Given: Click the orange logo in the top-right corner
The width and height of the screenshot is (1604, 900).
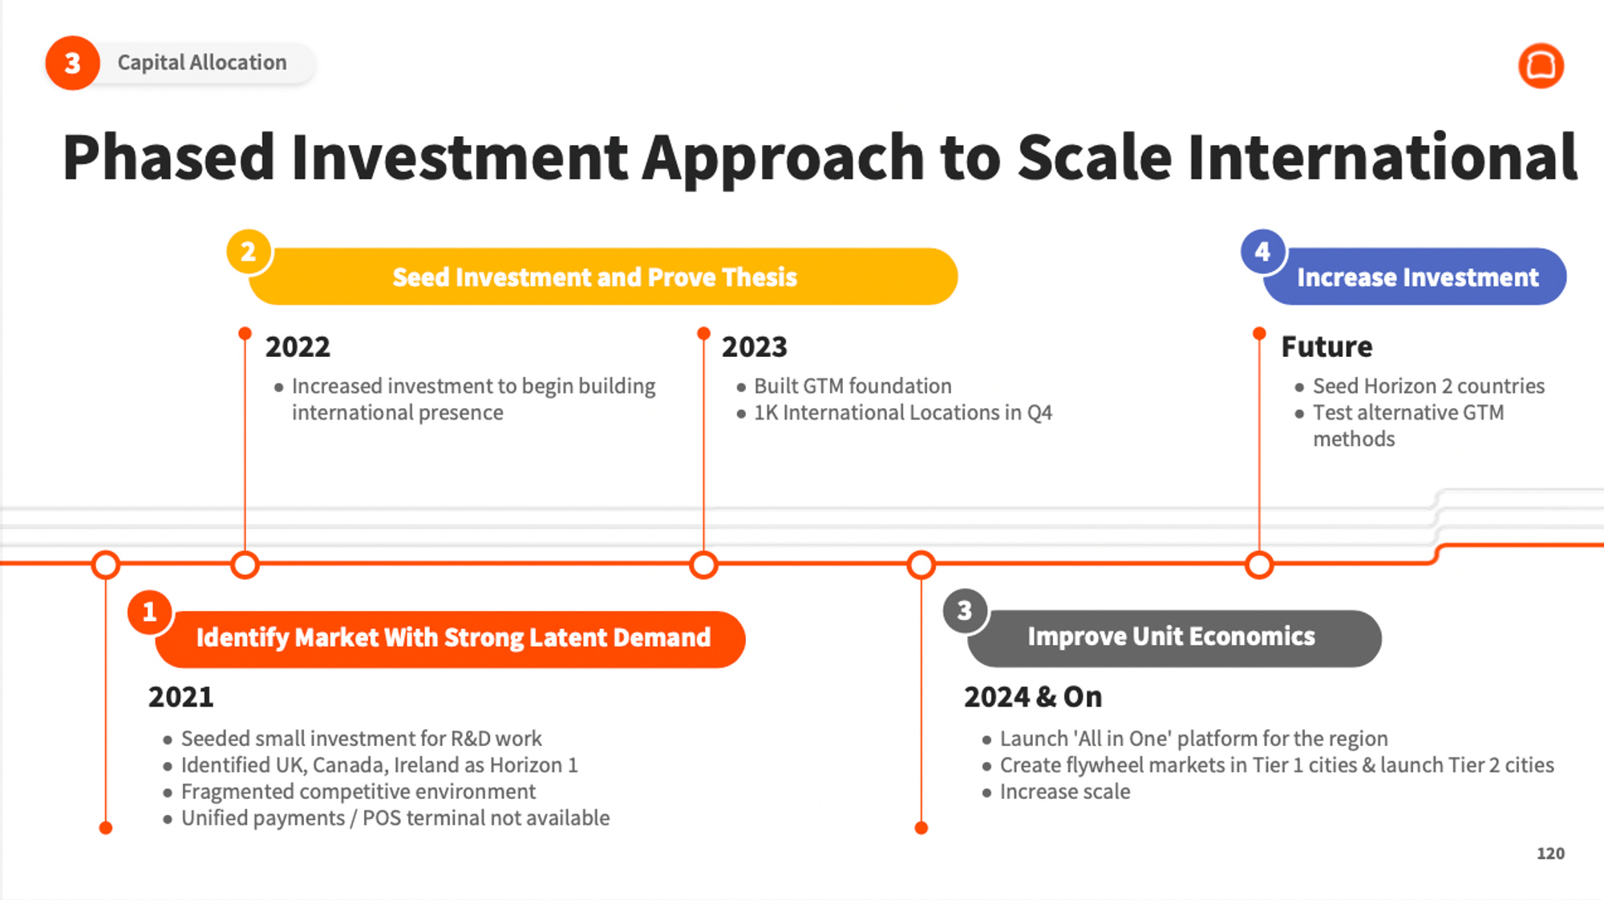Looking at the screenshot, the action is point(1541,65).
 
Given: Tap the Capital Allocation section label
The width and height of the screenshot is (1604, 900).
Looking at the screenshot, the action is point(202,63).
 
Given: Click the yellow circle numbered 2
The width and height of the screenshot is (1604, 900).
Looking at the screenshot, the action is point(249,252).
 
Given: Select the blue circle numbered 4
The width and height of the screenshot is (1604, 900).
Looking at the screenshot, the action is point(1263,252).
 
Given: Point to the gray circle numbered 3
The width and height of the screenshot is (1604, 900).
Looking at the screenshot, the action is point(965,611).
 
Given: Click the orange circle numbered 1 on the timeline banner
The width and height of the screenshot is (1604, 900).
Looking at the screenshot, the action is point(150,612).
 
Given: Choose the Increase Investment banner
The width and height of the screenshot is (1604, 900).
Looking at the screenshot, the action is point(1415,277).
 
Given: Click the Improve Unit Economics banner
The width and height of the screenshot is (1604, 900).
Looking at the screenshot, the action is point(1174,638).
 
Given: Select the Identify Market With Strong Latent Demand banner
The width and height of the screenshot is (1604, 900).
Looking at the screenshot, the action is point(450,639).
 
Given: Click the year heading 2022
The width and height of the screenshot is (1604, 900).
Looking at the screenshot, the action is point(298,347).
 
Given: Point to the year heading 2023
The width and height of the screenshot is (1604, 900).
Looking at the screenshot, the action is point(754,347).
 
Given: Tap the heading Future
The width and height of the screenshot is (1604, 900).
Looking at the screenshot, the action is point(1327,347).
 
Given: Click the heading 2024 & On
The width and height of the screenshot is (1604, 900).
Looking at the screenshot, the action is point(1033,697).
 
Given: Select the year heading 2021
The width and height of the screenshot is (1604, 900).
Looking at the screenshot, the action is point(180,697).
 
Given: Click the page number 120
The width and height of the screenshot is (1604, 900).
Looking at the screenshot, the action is point(1550,853).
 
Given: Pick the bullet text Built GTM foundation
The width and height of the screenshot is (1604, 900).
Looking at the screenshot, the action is point(853,386).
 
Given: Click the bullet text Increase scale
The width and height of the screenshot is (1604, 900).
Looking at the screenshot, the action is point(1065,792).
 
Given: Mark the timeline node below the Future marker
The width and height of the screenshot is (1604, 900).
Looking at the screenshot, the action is point(1259,565).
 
